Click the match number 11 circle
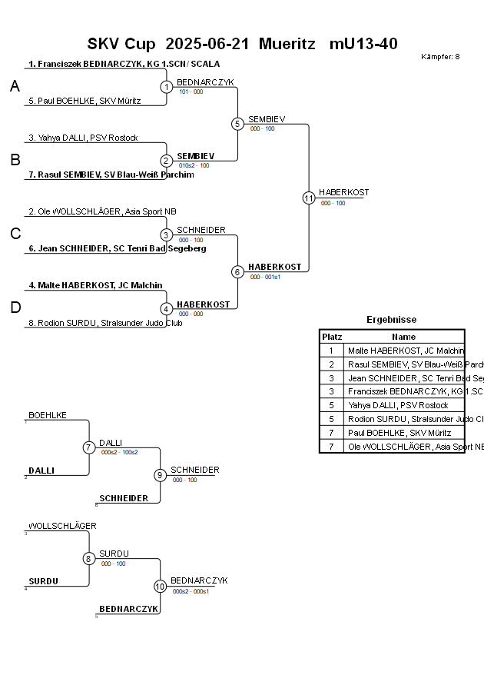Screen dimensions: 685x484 tap(309, 198)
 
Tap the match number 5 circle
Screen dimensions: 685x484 tap(237, 124)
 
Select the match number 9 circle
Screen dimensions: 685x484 tap(160, 475)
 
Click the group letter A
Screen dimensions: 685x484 tap(15, 87)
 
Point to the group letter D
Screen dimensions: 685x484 tap(15, 308)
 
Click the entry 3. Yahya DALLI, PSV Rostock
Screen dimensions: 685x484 tap(83, 138)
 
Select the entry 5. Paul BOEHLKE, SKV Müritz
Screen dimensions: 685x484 tap(85, 101)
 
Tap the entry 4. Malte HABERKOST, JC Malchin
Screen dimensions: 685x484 tap(95, 285)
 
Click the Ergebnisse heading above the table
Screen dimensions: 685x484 tap(392, 320)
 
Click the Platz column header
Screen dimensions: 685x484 tap(332, 337)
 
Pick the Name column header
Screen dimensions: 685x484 tap(403, 337)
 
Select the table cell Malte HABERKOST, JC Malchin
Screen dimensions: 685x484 tap(406, 351)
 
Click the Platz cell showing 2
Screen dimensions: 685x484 tap(332, 364)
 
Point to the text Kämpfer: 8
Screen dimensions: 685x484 tap(440, 57)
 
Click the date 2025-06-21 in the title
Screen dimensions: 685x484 tap(207, 44)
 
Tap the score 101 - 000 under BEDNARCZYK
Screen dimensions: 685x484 tap(191, 91)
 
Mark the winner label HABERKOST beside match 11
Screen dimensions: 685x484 tap(343, 192)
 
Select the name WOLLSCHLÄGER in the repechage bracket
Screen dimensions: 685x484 tap(62, 526)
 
